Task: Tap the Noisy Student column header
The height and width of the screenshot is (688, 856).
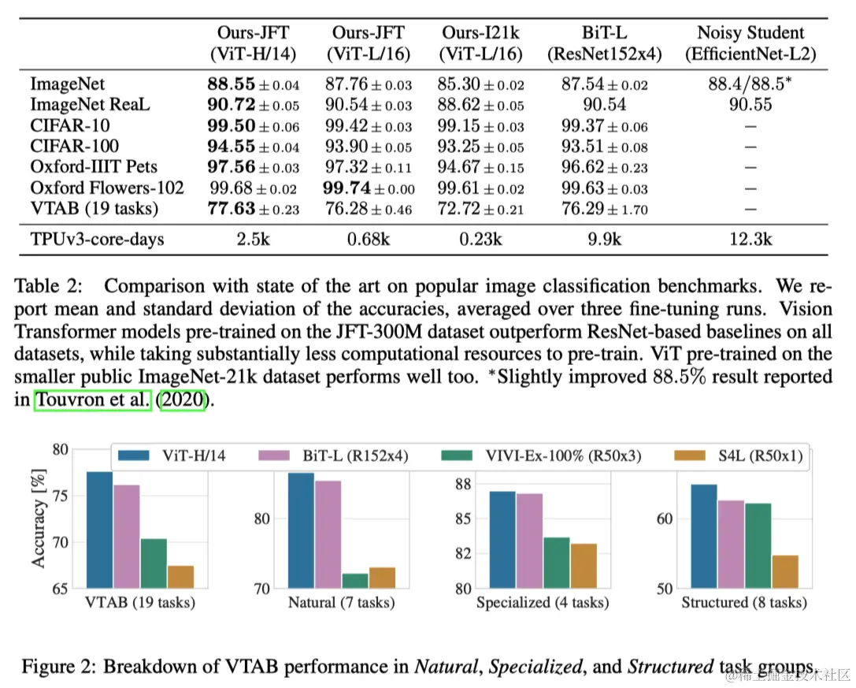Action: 750,44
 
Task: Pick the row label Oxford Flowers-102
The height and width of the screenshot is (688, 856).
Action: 107,188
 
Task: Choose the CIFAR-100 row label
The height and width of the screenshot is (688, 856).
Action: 70,146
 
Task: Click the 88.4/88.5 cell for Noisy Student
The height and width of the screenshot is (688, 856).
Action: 750,84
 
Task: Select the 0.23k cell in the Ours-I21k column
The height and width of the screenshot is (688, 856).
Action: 480,238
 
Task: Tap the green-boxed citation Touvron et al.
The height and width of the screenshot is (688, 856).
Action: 92,400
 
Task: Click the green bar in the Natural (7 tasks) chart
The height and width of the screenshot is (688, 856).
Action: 355,580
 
